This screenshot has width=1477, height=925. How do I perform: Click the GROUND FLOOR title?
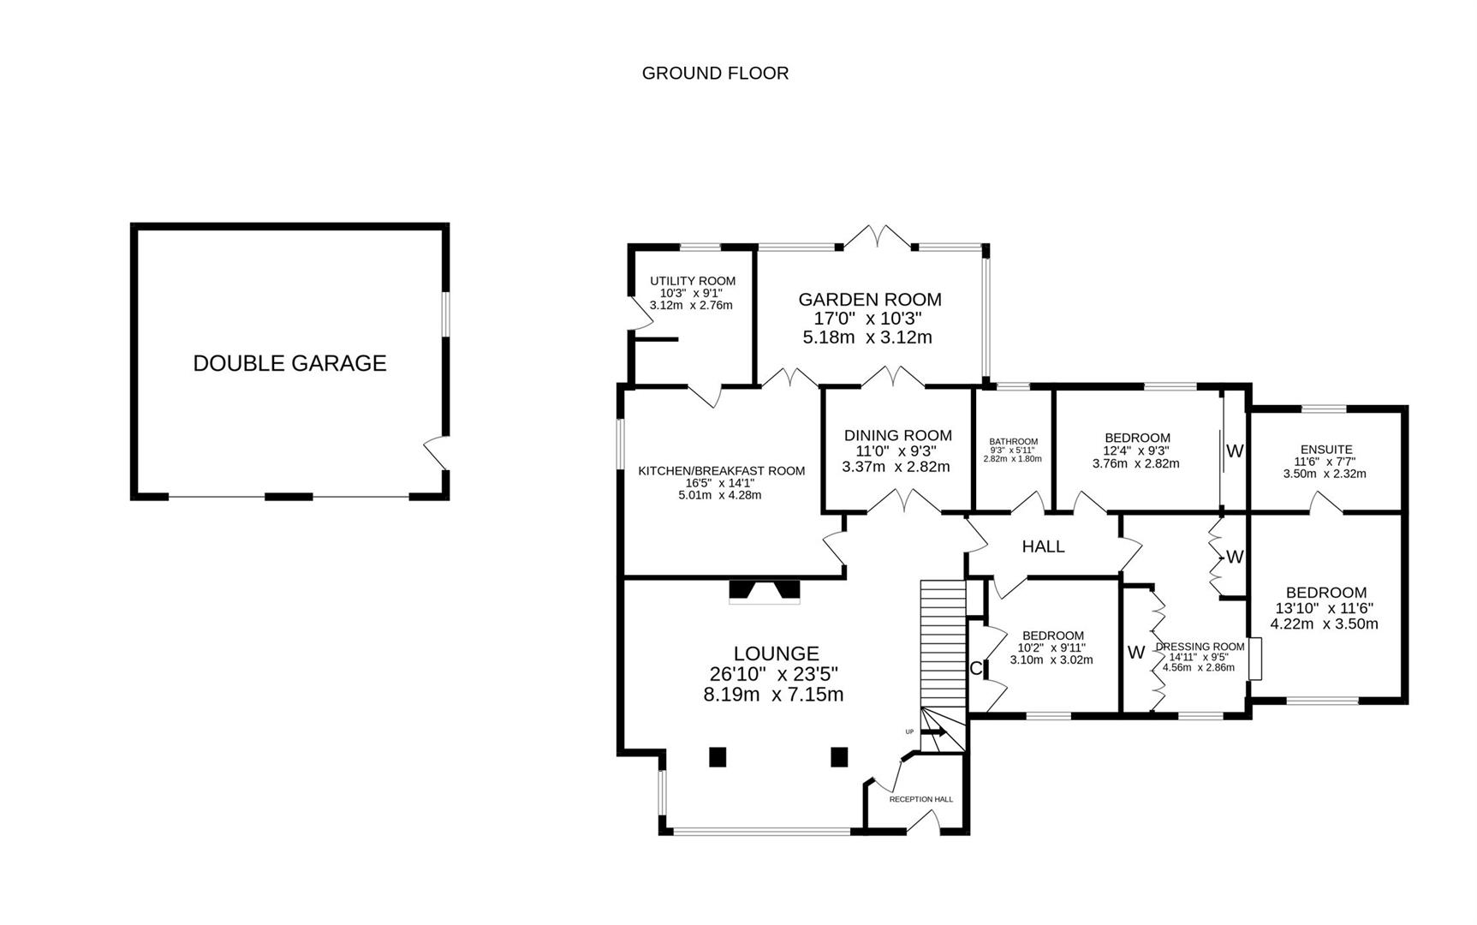[x=715, y=74]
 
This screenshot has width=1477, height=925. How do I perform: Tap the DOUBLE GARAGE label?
[x=289, y=363]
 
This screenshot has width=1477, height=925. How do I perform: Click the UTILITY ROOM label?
[x=692, y=281]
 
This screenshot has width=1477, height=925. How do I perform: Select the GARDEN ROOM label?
[x=869, y=300]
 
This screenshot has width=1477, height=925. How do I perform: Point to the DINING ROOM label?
[x=897, y=435]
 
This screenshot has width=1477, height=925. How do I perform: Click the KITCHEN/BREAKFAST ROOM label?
[x=721, y=471]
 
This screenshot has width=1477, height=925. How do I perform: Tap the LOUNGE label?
[x=776, y=654]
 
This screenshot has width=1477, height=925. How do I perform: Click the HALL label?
[x=1043, y=546]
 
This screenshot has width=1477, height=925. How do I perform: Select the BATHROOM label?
[x=1013, y=442]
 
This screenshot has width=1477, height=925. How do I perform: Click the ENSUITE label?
[x=1325, y=450]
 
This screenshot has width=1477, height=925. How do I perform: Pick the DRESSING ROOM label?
[x=1200, y=647]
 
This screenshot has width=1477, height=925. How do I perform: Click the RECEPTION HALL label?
[x=920, y=799]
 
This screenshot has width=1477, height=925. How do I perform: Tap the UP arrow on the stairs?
[x=932, y=732]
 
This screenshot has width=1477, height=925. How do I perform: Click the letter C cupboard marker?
[x=975, y=669]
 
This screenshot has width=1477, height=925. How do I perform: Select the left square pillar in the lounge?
[x=718, y=756]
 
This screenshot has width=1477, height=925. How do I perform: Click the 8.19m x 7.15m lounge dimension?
[x=773, y=695]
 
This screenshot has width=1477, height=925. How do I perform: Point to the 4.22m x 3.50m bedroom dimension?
[x=1324, y=624]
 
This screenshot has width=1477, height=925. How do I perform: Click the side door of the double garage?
[x=438, y=452]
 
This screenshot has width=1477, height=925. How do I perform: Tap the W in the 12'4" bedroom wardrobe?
[x=1234, y=451]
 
